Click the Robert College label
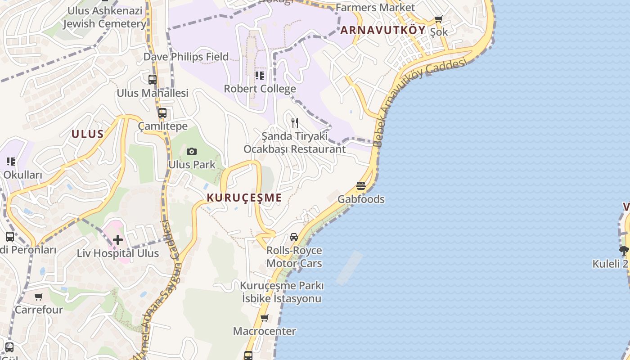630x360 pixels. coord(260,89)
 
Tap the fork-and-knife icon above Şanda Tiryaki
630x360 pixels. coord(295,122)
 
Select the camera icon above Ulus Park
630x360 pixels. coord(192,151)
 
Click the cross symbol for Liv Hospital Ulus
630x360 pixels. coord(118,240)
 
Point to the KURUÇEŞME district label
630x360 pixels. coord(244,198)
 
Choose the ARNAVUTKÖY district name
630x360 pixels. coord(382,30)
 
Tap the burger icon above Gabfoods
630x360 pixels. coord(361,185)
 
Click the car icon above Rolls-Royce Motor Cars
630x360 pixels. coord(294,237)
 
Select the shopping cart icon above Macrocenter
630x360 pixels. coord(265,318)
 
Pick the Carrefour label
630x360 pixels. coord(39,310)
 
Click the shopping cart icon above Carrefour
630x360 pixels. coord(39,297)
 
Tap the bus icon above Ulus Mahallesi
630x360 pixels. coord(153,80)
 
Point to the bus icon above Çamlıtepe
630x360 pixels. coord(162,113)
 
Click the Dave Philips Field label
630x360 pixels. coord(186,57)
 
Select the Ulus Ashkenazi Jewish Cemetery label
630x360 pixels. coord(104,17)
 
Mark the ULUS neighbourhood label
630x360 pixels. coord(88,134)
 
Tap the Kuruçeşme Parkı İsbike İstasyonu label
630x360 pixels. coord(282,292)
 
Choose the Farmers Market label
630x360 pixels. coord(375,7)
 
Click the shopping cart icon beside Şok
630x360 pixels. coord(439,19)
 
